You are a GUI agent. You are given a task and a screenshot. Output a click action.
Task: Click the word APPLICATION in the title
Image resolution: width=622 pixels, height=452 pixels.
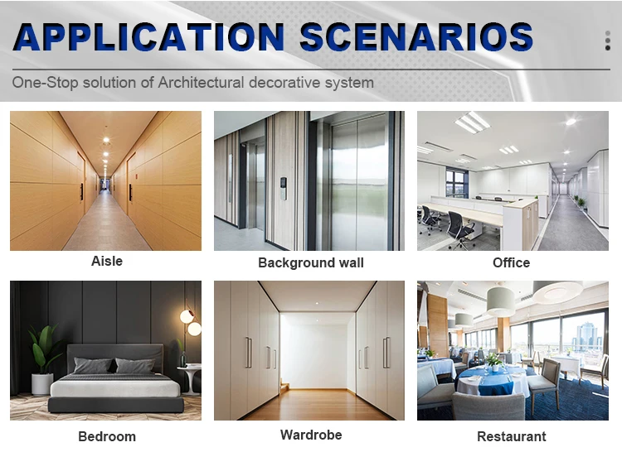tap(148, 36)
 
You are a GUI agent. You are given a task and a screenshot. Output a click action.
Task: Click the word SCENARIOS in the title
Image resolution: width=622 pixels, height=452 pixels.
tap(416, 36)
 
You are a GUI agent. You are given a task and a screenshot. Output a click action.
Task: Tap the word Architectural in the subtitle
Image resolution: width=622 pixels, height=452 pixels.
tap(201, 82)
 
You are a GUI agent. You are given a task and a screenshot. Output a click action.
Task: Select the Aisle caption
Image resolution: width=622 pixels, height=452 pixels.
tap(107, 261)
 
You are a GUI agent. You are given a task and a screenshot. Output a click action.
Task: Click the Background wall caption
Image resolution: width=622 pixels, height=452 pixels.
tap(311, 262)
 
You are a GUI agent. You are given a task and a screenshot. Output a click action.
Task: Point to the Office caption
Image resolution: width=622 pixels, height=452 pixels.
tap(511, 262)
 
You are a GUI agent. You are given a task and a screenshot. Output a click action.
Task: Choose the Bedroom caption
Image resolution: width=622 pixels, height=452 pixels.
tap(107, 436)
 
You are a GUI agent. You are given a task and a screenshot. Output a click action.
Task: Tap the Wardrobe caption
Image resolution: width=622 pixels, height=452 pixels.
tap(311, 435)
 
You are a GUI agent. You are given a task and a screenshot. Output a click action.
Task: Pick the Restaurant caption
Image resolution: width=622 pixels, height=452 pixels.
tap(512, 436)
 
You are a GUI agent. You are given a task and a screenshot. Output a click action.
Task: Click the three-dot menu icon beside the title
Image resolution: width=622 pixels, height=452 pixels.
tap(607, 41)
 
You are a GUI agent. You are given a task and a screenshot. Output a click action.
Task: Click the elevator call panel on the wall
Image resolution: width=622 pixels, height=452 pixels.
tap(283, 189)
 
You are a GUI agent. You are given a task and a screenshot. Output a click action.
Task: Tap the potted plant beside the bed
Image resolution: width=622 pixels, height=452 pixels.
tap(42, 359)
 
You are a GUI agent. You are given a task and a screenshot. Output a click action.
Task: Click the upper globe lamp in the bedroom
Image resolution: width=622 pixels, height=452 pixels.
tap(187, 316)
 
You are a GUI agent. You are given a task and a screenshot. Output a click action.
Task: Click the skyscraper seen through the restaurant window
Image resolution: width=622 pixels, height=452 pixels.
tap(586, 336)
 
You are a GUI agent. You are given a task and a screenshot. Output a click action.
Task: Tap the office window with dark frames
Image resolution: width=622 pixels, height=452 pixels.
tap(457, 182)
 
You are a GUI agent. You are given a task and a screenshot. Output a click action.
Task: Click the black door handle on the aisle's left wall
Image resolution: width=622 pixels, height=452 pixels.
tap(82, 191)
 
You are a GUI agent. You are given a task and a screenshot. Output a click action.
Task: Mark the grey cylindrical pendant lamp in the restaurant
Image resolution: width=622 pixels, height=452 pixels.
tap(501, 301)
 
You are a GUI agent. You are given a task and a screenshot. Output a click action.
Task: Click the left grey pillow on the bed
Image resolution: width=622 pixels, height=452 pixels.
tap(93, 365)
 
